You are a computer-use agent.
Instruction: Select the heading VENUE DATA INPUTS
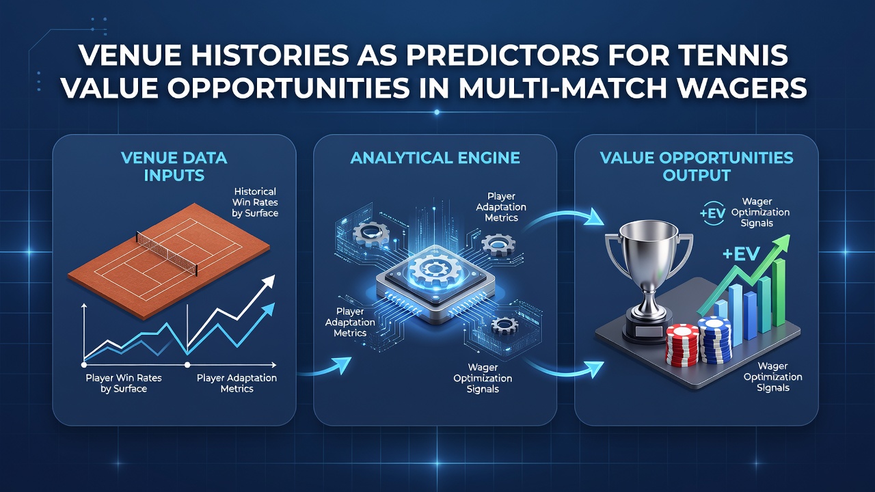(x=174, y=167)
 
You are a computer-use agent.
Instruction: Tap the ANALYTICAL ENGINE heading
(x=435, y=158)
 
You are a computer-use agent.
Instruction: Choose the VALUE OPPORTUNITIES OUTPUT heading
(x=697, y=167)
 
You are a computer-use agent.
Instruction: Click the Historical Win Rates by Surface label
(x=255, y=202)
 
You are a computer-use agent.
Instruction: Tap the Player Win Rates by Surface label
(x=124, y=383)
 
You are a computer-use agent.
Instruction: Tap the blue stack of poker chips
(x=715, y=338)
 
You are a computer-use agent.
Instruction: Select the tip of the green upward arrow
(x=789, y=236)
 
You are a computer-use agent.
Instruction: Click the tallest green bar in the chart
(x=779, y=292)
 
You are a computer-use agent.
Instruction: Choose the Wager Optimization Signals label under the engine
(x=483, y=379)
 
